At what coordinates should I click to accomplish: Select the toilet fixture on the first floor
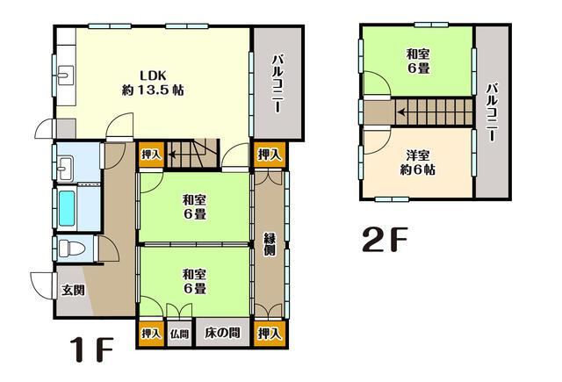(70, 249)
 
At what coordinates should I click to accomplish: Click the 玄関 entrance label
(73, 289)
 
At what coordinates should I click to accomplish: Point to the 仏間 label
(179, 334)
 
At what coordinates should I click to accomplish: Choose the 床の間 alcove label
(223, 334)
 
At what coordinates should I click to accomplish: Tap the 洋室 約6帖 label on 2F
(418, 163)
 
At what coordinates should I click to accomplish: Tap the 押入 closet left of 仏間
(151, 334)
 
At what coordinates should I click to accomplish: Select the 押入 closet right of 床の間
(270, 334)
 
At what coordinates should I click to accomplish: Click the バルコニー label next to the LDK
(277, 82)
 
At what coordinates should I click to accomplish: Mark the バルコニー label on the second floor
(492, 112)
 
